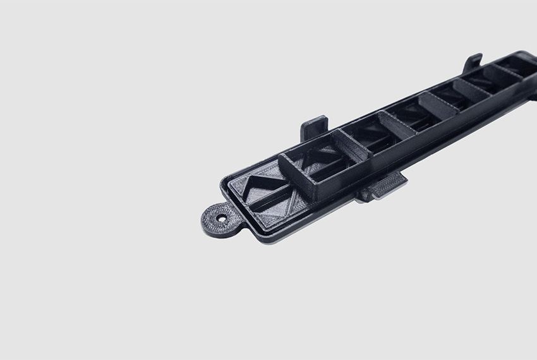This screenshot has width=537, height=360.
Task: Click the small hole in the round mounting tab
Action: [x=222, y=218]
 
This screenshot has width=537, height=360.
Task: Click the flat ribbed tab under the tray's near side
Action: [x=382, y=188]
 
